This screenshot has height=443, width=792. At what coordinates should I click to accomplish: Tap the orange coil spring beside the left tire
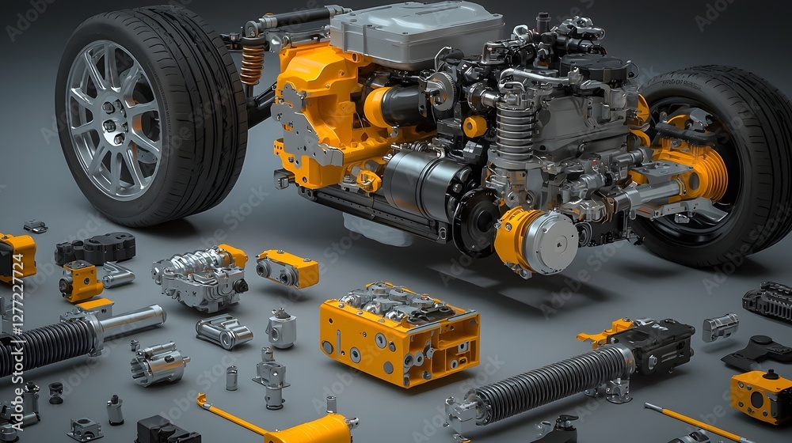pyautogui.click(x=252, y=65)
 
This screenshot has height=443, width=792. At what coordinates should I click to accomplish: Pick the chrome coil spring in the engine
pyautogui.click(x=516, y=131)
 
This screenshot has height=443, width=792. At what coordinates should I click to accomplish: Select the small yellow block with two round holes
pyautogui.click(x=287, y=269)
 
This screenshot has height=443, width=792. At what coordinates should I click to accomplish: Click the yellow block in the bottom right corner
pyautogui.click(x=760, y=396)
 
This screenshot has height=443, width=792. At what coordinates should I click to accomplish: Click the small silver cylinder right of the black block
pyautogui.click(x=720, y=327)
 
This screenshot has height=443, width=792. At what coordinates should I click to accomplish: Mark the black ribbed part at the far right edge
pyautogui.click(x=769, y=301)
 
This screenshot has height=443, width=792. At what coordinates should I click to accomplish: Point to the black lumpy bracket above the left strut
pyautogui.click(x=95, y=248)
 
